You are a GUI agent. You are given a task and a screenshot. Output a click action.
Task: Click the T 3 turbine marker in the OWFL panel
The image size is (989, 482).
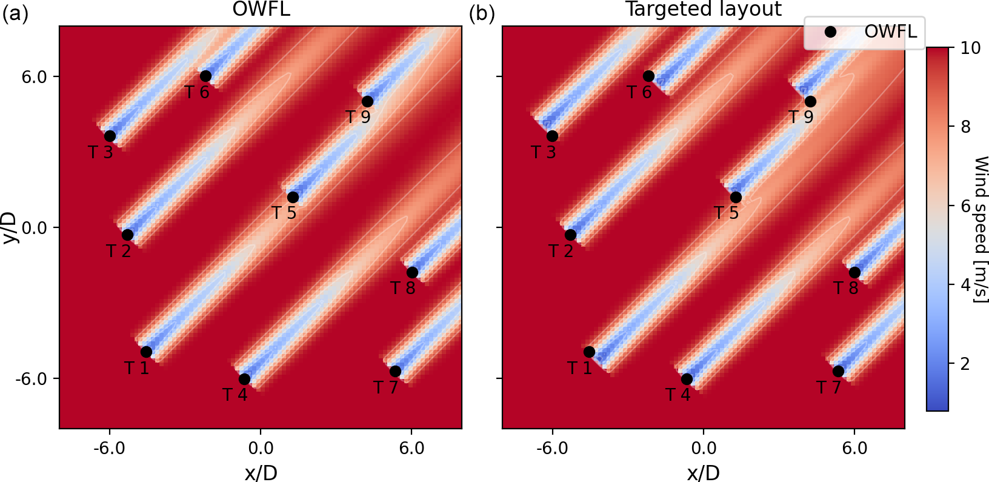click(110, 136)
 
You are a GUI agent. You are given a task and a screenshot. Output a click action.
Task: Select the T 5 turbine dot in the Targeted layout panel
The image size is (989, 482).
click(736, 197)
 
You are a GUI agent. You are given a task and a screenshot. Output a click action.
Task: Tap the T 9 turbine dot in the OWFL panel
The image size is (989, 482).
click(367, 101)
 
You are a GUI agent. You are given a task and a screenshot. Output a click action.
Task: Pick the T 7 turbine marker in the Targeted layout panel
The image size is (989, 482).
click(838, 371)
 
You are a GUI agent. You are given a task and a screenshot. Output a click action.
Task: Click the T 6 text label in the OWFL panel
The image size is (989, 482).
click(197, 92)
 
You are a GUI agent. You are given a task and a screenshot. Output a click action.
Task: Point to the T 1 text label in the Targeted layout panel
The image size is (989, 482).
click(579, 368)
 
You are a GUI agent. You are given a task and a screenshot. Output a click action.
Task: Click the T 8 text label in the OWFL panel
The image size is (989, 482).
click(403, 288)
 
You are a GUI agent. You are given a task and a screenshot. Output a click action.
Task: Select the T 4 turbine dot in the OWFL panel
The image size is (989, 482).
click(244, 379)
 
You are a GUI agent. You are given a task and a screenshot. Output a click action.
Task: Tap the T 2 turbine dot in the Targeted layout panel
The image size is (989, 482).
click(570, 235)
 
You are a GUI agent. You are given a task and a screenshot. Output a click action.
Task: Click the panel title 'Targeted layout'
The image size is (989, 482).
click(703, 9)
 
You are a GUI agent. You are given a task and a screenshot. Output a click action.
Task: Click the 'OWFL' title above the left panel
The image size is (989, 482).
click(261, 9)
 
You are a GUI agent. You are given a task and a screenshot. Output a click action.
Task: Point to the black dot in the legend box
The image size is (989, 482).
click(830, 32)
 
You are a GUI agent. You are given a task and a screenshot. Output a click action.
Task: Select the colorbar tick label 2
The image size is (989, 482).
click(965, 364)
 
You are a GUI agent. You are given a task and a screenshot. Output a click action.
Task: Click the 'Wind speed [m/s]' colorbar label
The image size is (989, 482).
click(981, 229)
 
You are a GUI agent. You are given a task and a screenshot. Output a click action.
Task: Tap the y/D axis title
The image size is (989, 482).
click(9, 227)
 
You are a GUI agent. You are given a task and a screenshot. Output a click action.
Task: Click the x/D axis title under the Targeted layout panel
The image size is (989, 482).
click(703, 472)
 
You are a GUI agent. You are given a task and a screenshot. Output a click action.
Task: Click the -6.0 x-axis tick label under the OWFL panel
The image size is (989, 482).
click(109, 449)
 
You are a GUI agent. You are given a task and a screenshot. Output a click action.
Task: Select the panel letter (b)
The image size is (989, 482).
click(482, 13)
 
